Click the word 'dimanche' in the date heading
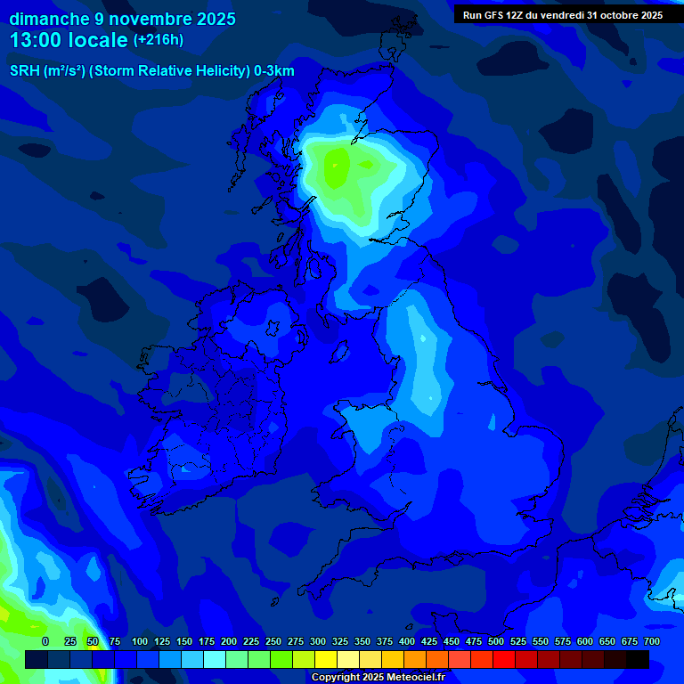50,19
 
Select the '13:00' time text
38,40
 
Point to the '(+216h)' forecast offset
159,40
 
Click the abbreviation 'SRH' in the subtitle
24,71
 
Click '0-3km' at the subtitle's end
274,71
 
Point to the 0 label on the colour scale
45,641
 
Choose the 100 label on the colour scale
140,641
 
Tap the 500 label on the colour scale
496,641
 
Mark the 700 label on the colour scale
652,641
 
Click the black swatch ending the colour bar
638,659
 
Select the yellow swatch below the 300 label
326,659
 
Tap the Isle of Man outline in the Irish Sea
338,352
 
